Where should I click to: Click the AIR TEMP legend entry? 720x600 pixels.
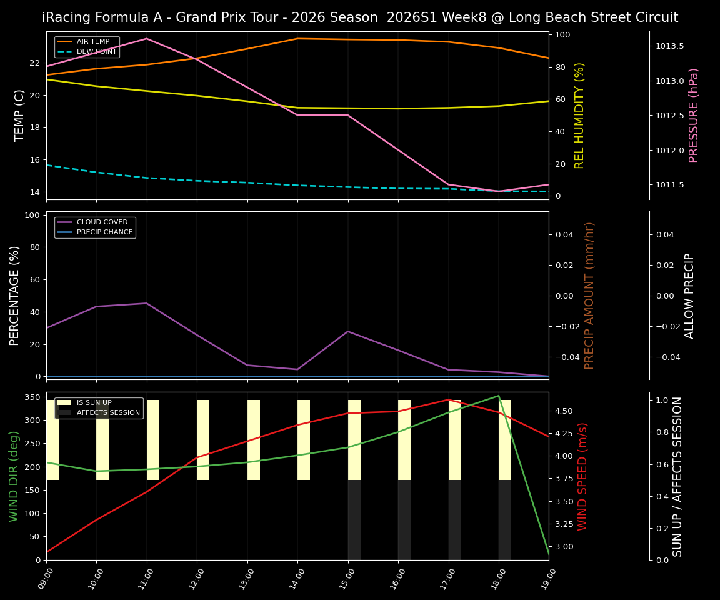pos(92,42)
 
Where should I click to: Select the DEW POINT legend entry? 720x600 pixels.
pos(96,52)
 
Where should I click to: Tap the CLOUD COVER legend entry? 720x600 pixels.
pos(101,222)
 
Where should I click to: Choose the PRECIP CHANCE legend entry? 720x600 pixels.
pos(104,232)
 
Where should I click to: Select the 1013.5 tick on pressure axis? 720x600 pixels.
pos(669,46)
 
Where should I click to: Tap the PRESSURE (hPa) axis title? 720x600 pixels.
pos(694,115)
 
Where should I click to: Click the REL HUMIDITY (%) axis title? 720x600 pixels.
pos(579,115)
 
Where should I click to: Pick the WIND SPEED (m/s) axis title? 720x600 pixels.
pos(582,476)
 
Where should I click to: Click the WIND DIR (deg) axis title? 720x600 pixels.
pos(14,476)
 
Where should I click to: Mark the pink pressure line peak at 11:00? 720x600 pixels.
pos(147,39)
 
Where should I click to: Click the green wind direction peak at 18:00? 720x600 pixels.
pos(498,396)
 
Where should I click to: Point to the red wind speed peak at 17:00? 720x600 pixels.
pos(448,399)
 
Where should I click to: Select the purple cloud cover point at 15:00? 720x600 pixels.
pos(348,331)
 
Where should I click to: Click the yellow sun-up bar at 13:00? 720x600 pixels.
pos(253,440)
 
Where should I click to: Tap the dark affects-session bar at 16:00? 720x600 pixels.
pos(404,520)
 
